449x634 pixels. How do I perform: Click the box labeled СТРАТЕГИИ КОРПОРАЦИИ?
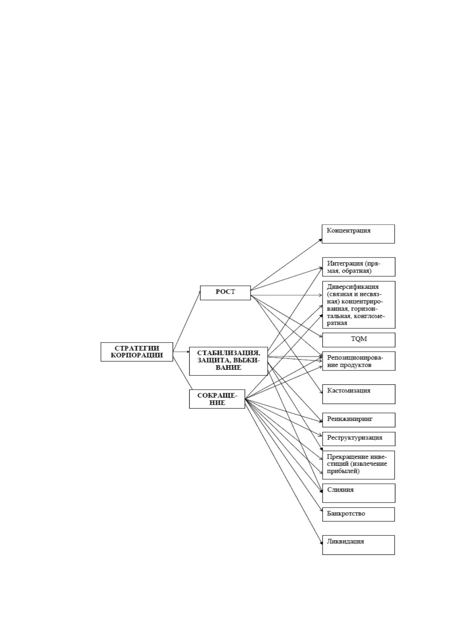coord(136,352)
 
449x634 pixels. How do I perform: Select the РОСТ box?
coord(225,293)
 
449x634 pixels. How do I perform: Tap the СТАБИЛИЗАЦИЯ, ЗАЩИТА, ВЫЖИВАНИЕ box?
coord(228,361)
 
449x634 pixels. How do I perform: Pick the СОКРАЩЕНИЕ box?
coord(217,399)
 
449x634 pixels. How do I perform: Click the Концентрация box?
coord(358,234)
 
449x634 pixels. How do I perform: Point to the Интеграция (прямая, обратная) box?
coord(359,267)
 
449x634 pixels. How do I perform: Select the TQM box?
coord(359,340)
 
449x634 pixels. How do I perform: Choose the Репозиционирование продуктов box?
coord(359,361)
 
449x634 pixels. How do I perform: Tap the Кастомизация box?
coord(359,394)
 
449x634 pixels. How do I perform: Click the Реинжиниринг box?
coord(359,420)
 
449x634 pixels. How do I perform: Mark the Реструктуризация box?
coord(359,439)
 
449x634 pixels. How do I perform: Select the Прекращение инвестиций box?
coord(358,465)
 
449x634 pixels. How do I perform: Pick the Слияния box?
coord(359,493)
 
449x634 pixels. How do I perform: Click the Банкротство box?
coord(358,514)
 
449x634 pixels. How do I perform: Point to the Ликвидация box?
coord(358,545)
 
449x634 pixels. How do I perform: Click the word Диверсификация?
coord(353,287)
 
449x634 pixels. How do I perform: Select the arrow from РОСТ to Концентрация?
coord(286,265)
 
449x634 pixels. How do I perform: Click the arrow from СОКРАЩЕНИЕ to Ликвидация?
coord(283,471)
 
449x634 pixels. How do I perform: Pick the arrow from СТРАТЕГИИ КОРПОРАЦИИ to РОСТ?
coord(187,321)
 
